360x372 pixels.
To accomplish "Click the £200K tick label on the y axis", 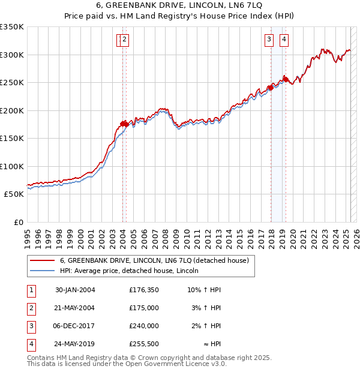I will pos(12,110).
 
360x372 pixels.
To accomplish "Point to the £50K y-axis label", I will pos(14,194).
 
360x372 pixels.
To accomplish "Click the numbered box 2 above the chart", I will pos(124,40).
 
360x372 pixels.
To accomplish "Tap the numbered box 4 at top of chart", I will pos(283,40).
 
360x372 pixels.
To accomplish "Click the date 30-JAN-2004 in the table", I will pos(75,289).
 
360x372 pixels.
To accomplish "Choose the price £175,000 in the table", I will pos(144,307).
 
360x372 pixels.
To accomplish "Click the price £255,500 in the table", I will pos(144,344).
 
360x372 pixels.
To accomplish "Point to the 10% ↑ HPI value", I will pos(204,289).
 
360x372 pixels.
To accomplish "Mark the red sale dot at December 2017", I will pos(270,88).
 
